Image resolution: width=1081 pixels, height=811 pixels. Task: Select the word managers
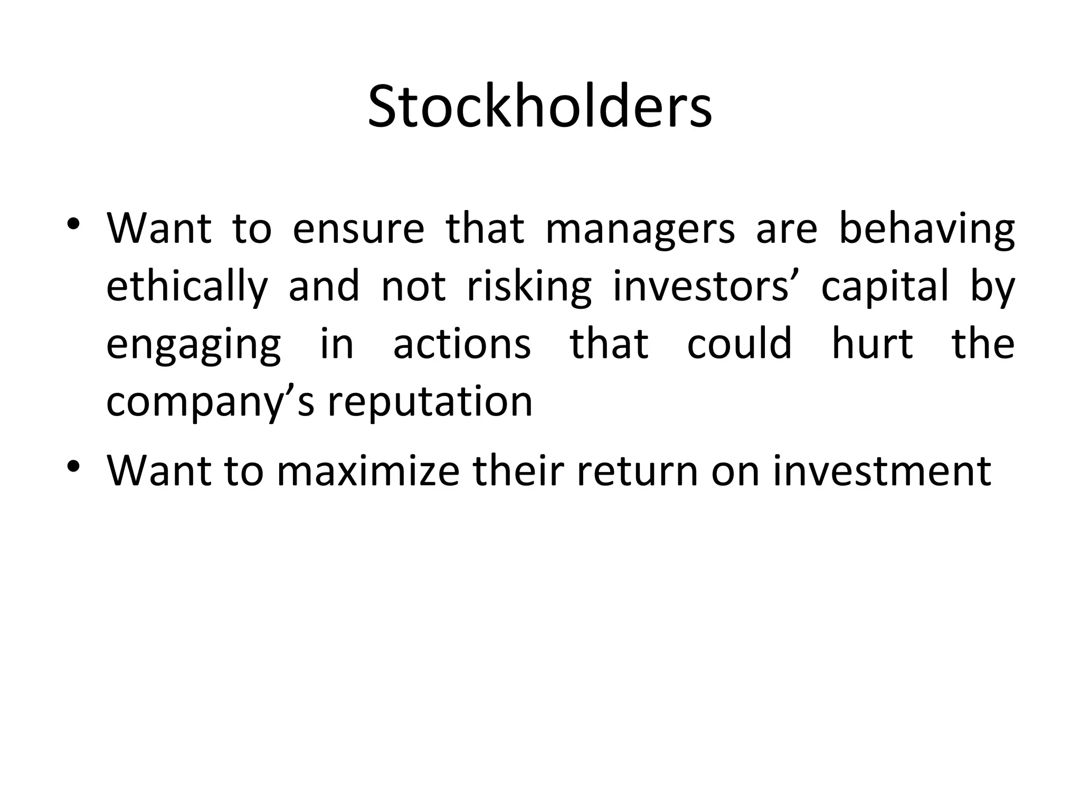pos(640,230)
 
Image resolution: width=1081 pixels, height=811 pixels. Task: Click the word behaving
pos(926,230)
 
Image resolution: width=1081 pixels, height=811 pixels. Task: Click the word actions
pos(462,344)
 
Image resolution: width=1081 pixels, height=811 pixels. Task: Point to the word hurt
pos(872,344)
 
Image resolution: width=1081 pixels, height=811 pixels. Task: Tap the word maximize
pos(368,471)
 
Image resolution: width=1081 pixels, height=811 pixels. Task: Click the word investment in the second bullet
pos(881,471)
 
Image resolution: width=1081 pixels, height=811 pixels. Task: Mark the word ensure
pos(358,230)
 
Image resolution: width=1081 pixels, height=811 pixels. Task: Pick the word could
pos(739,344)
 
